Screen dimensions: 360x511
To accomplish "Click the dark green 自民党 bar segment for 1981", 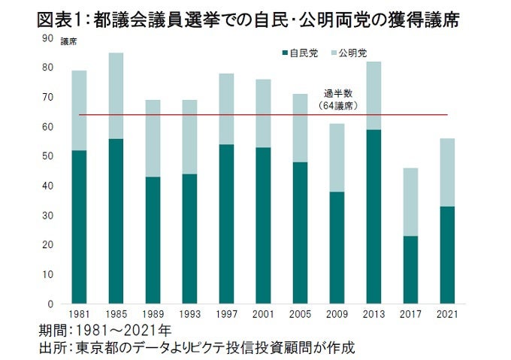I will [79, 227].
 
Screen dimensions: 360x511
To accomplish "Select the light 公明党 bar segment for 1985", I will [115, 95].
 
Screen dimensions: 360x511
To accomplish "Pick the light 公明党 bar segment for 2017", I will [410, 201].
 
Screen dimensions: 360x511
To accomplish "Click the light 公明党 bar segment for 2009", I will [336, 157].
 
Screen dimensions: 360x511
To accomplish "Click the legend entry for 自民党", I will [303, 54].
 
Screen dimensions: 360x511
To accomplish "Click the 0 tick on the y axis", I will [50, 304].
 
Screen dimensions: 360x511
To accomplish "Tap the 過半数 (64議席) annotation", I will [337, 100].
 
